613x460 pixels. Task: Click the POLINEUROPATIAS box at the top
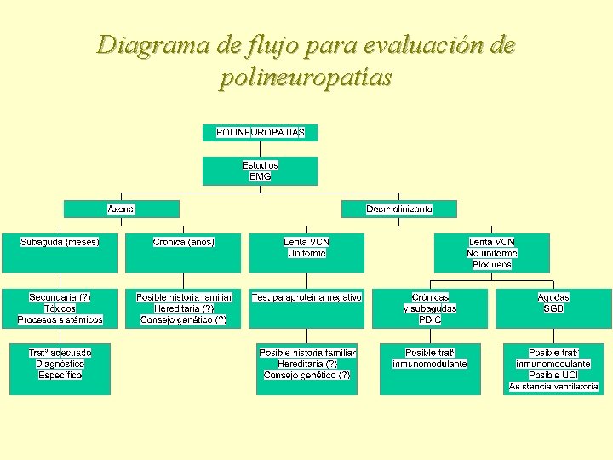tap(260, 132)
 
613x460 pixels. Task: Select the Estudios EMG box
tap(260, 170)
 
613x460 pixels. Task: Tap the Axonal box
tap(122, 209)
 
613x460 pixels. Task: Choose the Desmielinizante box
tap(399, 209)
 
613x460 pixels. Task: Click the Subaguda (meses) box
tap(60, 252)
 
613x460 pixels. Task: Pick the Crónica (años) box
tap(183, 252)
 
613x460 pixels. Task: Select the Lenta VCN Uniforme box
tap(306, 252)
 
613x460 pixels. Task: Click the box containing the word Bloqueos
tap(492, 252)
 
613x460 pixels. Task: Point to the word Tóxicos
tap(60, 308)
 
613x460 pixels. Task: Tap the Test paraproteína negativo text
tap(306, 297)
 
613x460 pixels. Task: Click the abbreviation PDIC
tap(430, 319)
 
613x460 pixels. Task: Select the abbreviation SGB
tap(553, 308)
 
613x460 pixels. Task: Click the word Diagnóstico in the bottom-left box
tap(60, 364)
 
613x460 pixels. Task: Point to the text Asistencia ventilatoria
tap(553, 387)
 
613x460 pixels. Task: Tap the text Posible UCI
tap(553, 375)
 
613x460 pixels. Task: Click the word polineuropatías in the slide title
tap(306, 78)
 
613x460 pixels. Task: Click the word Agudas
tap(553, 297)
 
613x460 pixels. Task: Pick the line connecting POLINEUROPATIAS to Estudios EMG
tap(260, 148)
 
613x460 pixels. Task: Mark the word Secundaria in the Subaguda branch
tap(53, 297)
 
